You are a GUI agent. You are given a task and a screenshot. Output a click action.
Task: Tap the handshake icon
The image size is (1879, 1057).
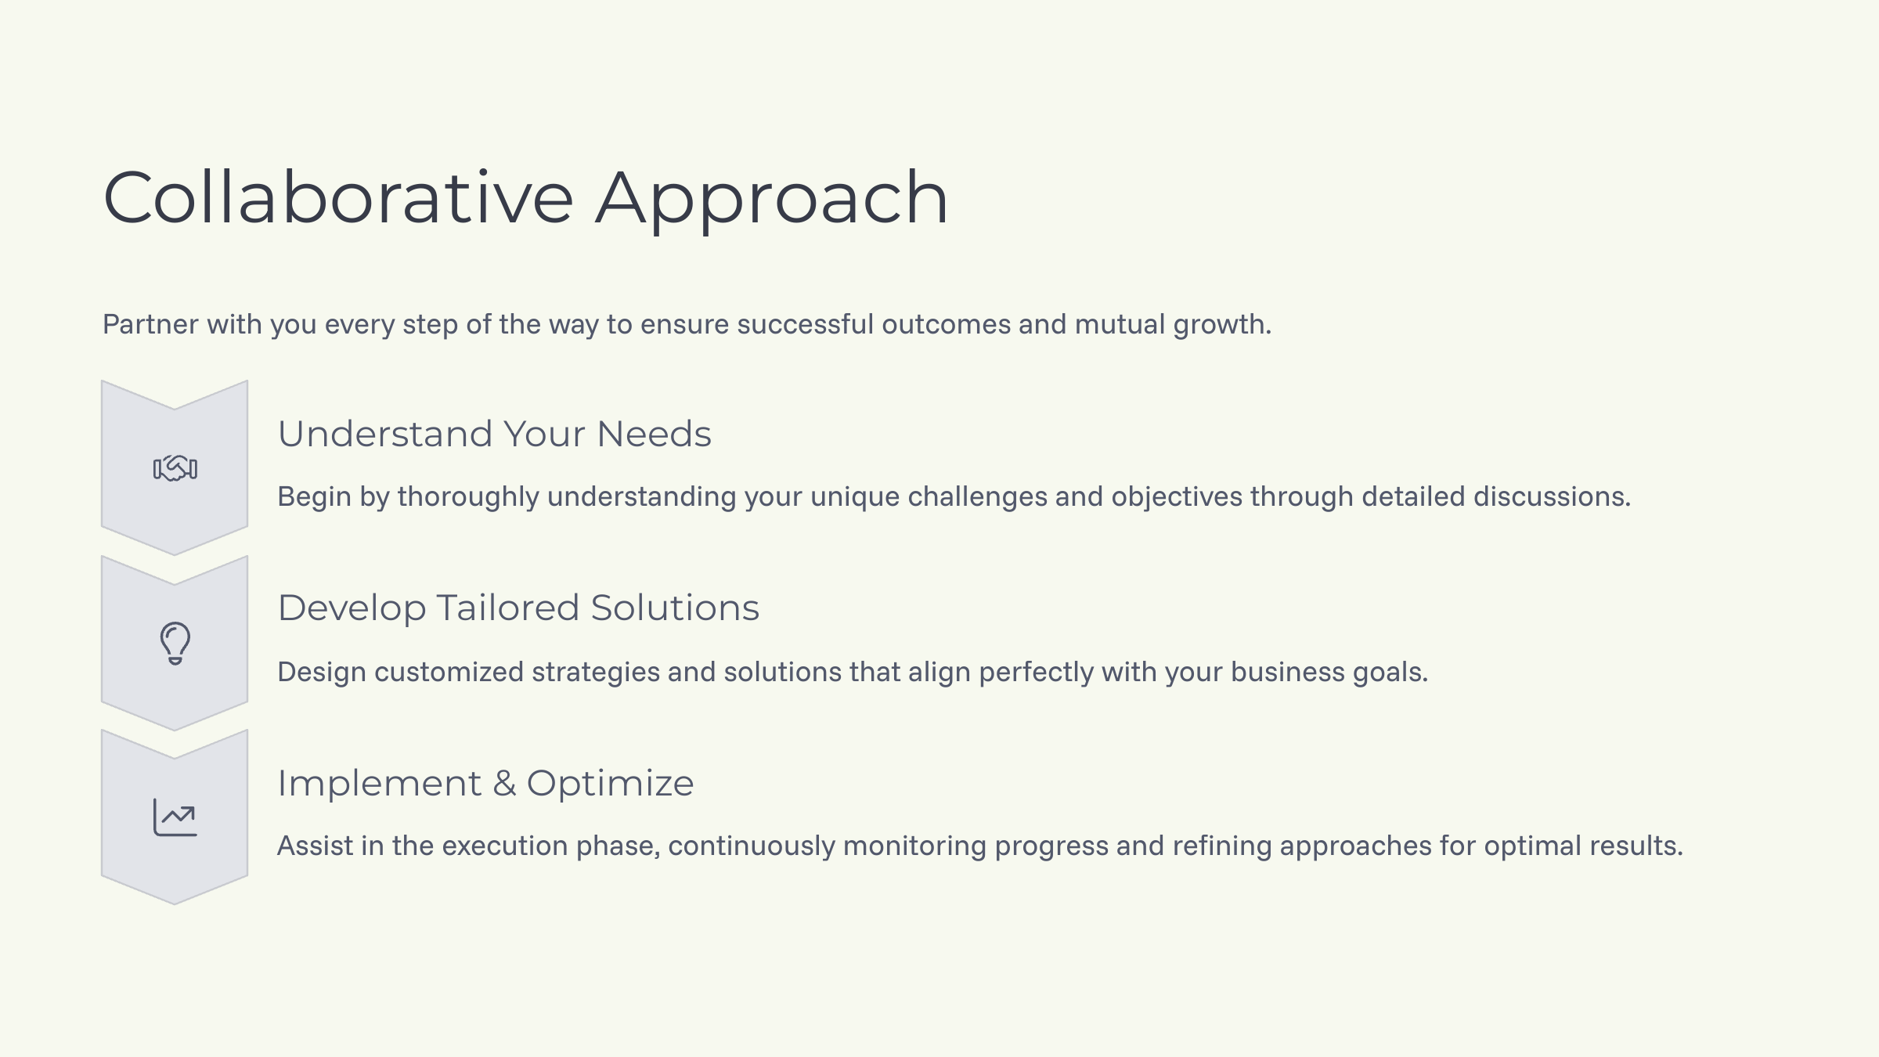tap(175, 468)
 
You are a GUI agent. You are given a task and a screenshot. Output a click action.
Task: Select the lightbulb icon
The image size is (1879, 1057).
tap(175, 643)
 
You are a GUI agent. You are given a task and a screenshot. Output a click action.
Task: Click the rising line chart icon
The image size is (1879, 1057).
tap(175, 817)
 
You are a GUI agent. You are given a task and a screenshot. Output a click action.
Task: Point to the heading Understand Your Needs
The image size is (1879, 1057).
tap(494, 434)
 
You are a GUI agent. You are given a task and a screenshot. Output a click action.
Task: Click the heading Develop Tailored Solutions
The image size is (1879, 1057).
tap(518, 608)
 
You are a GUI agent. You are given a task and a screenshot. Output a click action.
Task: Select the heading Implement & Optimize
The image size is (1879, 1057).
tap(485, 783)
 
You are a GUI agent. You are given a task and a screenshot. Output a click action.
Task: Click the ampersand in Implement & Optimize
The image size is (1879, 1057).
tap(504, 783)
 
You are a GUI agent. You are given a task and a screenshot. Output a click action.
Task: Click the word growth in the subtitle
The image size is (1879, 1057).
tap(1221, 324)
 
